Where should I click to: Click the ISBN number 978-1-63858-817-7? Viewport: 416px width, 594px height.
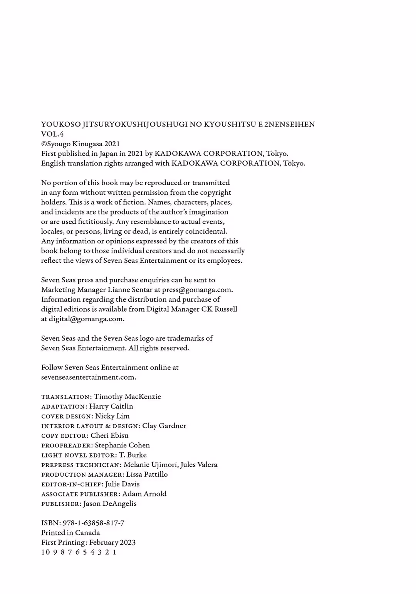point(94,523)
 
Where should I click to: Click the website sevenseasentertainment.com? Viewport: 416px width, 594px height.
point(88,377)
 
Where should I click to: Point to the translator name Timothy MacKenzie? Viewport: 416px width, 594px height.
point(127,397)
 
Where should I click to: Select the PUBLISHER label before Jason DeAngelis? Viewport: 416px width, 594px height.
point(61,504)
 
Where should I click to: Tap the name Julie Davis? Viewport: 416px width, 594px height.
point(122,484)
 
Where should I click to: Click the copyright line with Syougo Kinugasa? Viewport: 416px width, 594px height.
point(81,144)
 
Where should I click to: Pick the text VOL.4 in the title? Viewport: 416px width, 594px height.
point(52,134)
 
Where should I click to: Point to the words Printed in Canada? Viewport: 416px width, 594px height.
point(70,533)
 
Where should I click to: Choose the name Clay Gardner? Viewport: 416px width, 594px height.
point(164,426)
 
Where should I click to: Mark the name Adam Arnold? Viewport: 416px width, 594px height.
point(144,494)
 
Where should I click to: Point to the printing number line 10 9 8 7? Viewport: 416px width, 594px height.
point(79,552)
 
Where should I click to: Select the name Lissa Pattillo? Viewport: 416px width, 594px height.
point(147,474)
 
